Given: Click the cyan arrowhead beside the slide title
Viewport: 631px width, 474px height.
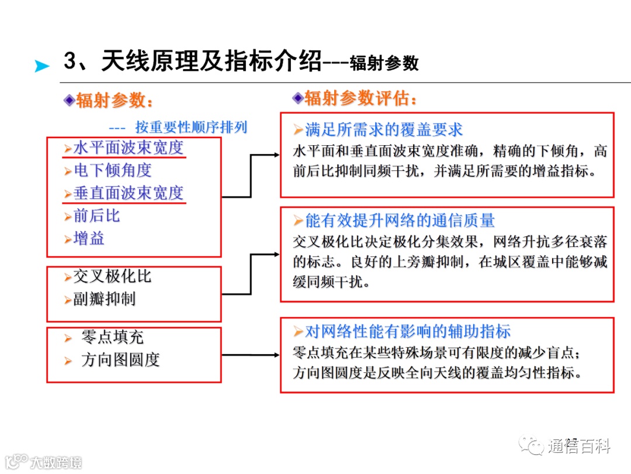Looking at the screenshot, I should (41, 66).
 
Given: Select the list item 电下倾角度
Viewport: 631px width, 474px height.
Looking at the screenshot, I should (112, 170).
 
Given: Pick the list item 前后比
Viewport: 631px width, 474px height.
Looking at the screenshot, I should (96, 216).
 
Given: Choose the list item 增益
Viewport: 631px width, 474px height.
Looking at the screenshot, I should (89, 239).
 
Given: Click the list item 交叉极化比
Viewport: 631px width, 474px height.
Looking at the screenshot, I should (112, 276).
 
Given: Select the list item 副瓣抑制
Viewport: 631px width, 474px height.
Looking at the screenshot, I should (104, 299).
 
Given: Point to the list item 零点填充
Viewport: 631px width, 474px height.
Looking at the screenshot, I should (112, 337).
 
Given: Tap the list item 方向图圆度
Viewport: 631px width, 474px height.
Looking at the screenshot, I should (120, 360).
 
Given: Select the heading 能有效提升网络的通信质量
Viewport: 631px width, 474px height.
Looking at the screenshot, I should (400, 221).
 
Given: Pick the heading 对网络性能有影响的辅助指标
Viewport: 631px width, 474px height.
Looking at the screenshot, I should (408, 332).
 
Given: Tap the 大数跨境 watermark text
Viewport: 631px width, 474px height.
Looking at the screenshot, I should (56, 462).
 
